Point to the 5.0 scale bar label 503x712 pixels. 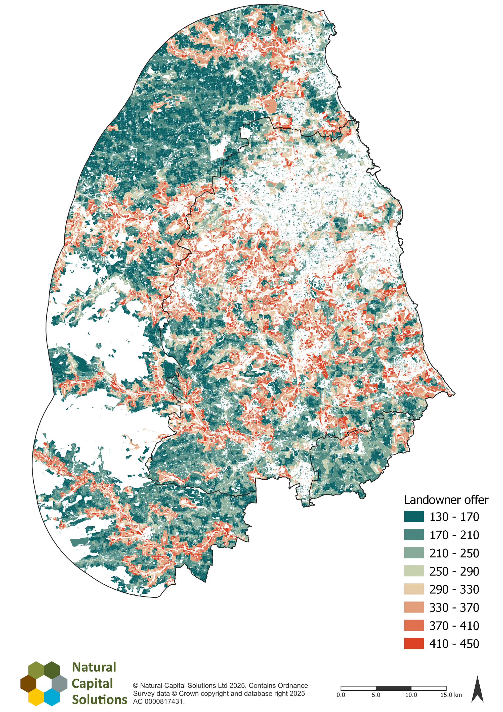[x=376, y=695]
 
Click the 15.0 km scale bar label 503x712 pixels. [x=451, y=695]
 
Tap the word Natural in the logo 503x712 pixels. [x=94, y=667]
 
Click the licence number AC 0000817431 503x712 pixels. [x=159, y=701]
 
